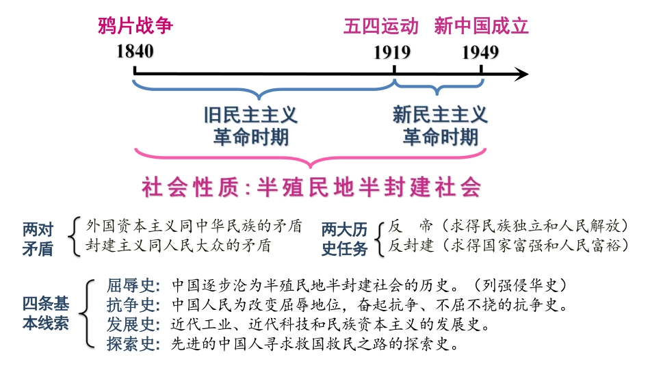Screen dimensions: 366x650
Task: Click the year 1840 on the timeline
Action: (135, 52)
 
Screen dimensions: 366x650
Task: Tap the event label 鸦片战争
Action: (135, 27)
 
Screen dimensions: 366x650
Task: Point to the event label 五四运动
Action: (380, 27)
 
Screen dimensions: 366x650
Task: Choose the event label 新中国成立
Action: (481, 27)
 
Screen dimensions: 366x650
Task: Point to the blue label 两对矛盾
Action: (38, 238)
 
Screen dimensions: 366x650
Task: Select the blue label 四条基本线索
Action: (46, 313)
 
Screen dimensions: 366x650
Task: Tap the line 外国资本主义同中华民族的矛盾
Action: (194, 226)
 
